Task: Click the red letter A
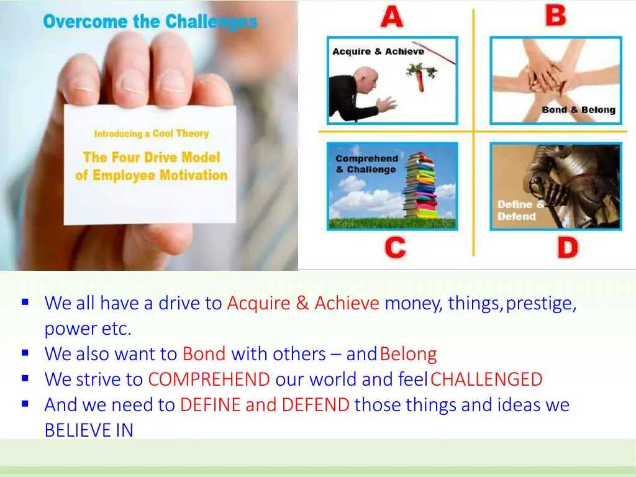[x=391, y=16]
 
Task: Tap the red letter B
[x=556, y=15]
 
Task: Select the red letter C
[x=395, y=248]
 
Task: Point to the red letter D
[x=567, y=248]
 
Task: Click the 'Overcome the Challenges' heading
[x=150, y=22]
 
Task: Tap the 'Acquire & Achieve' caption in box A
[x=378, y=52]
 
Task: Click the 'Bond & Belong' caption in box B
[x=578, y=110]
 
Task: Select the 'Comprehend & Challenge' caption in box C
[x=366, y=164]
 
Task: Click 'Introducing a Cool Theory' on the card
[x=151, y=134]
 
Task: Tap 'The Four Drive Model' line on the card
[x=152, y=157]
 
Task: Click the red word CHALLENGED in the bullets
[x=486, y=379]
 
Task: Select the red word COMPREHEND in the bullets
[x=209, y=379]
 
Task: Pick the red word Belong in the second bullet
[x=408, y=354]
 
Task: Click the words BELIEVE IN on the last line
[x=89, y=430]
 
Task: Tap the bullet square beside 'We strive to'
[x=25, y=378]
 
